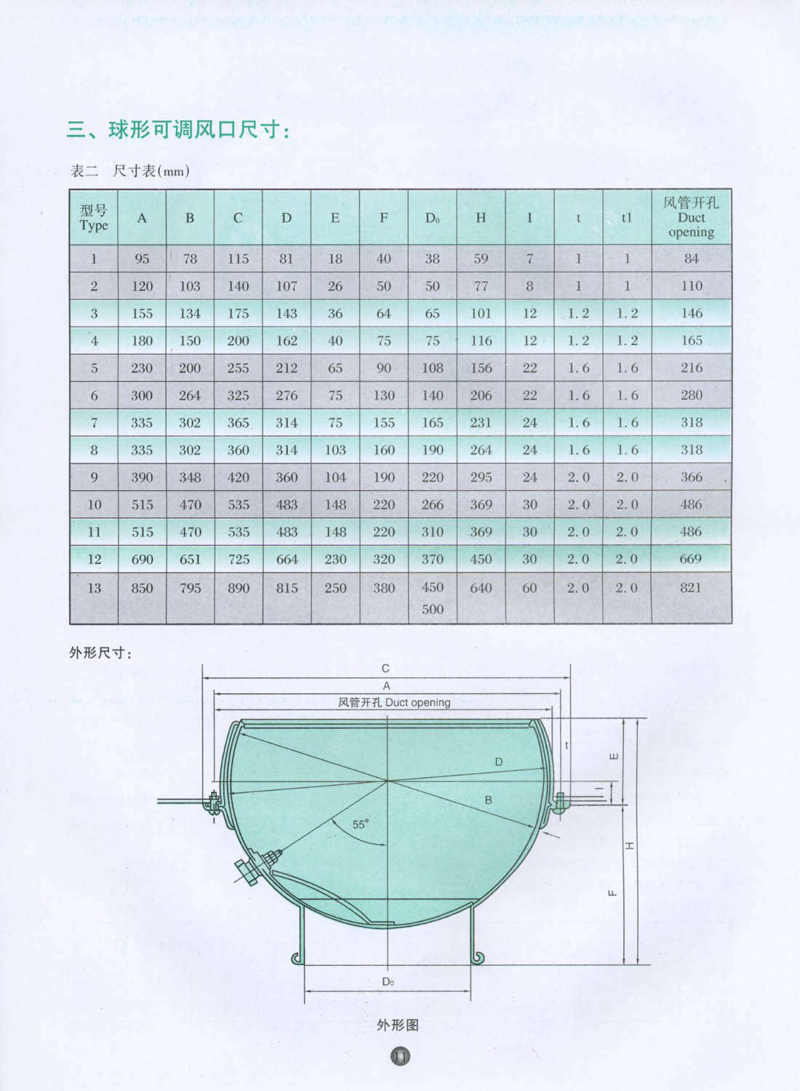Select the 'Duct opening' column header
[x=691, y=217]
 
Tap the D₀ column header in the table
[x=432, y=217]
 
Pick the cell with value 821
[x=690, y=588]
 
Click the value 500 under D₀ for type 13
[x=432, y=609]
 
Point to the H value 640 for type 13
[x=481, y=588]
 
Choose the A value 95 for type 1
[x=142, y=259]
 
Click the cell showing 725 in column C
[x=238, y=559]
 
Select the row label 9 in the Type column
[x=94, y=477]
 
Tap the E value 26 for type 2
[x=335, y=286]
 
